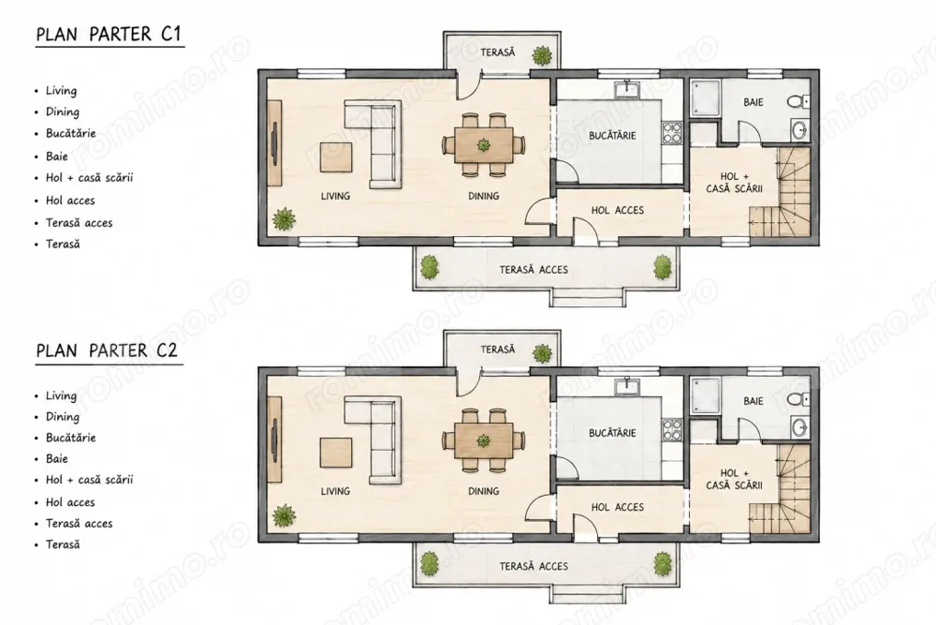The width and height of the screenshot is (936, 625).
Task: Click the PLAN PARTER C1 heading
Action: coord(109,34)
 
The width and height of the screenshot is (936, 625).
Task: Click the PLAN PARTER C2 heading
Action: coord(108,350)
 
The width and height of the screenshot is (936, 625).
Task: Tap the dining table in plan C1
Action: coord(484,144)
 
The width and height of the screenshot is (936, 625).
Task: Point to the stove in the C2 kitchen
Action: coord(671,430)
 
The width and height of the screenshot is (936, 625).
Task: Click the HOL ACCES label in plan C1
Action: coord(617,210)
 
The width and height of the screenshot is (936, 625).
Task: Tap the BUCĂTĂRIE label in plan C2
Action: coord(612,433)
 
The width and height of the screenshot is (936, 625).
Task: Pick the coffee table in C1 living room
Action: coord(336,157)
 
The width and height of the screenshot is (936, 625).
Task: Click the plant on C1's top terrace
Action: coord(542,56)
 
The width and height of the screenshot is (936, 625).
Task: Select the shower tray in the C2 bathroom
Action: coord(705,396)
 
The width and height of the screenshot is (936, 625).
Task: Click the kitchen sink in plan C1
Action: coord(627,90)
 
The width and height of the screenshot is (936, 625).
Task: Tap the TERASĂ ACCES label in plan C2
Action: coord(534,566)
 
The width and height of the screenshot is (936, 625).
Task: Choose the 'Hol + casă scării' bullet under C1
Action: coord(90,177)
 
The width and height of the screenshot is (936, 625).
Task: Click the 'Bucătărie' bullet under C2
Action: coord(70,438)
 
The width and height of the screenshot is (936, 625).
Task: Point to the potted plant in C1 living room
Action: coord(285,219)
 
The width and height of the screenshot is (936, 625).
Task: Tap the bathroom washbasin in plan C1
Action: coord(800,129)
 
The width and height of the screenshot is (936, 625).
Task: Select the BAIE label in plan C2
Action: coord(753,401)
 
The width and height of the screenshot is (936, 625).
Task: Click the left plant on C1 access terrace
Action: coord(430,267)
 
